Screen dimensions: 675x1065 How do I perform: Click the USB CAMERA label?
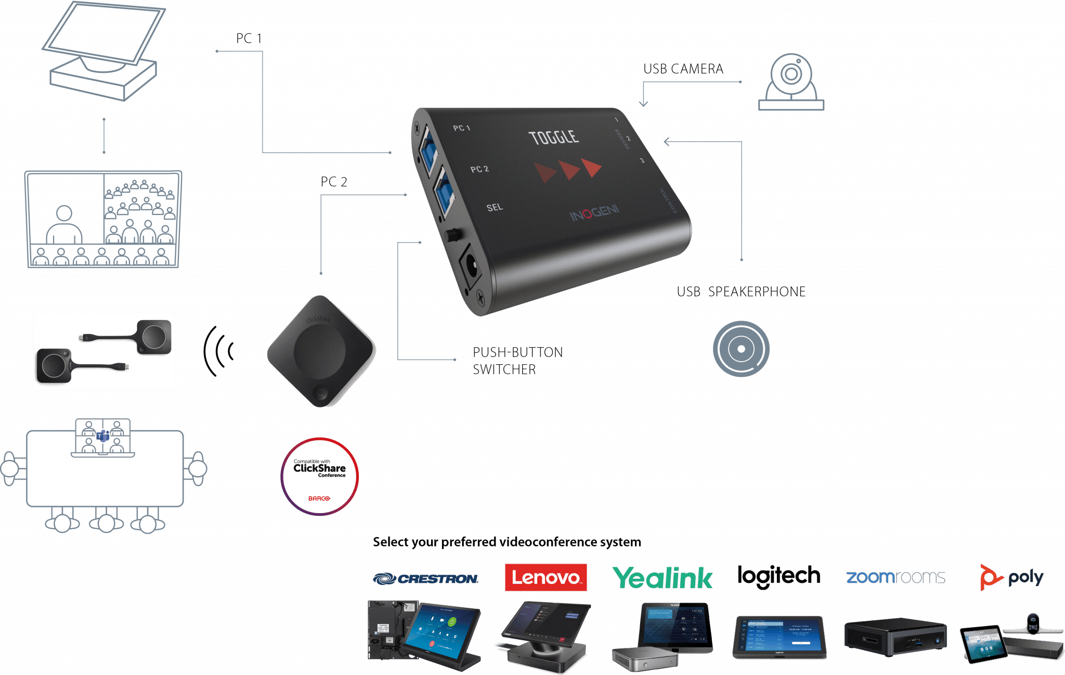(683, 69)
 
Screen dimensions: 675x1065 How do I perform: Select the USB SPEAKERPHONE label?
(741, 292)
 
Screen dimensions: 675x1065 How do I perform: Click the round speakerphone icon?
(741, 349)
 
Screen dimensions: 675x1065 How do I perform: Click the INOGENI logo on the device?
(594, 213)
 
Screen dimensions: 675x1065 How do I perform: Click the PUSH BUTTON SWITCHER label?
(517, 361)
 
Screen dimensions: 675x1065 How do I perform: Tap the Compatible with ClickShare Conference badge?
(319, 477)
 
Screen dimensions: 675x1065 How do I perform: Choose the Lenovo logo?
(546, 577)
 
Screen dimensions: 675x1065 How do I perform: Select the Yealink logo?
(662, 578)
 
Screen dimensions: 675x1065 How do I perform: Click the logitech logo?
(778, 576)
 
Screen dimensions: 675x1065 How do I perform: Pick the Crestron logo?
(426, 578)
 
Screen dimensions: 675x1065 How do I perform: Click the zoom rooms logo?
(895, 577)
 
